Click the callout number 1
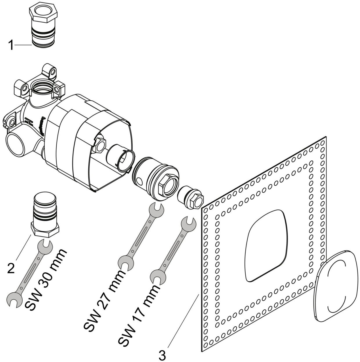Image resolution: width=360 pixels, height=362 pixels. (11, 46)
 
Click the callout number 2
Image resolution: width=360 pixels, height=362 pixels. (11, 269)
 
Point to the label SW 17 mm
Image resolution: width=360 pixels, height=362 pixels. (140, 315)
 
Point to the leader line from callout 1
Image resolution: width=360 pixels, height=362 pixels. (23, 45)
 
